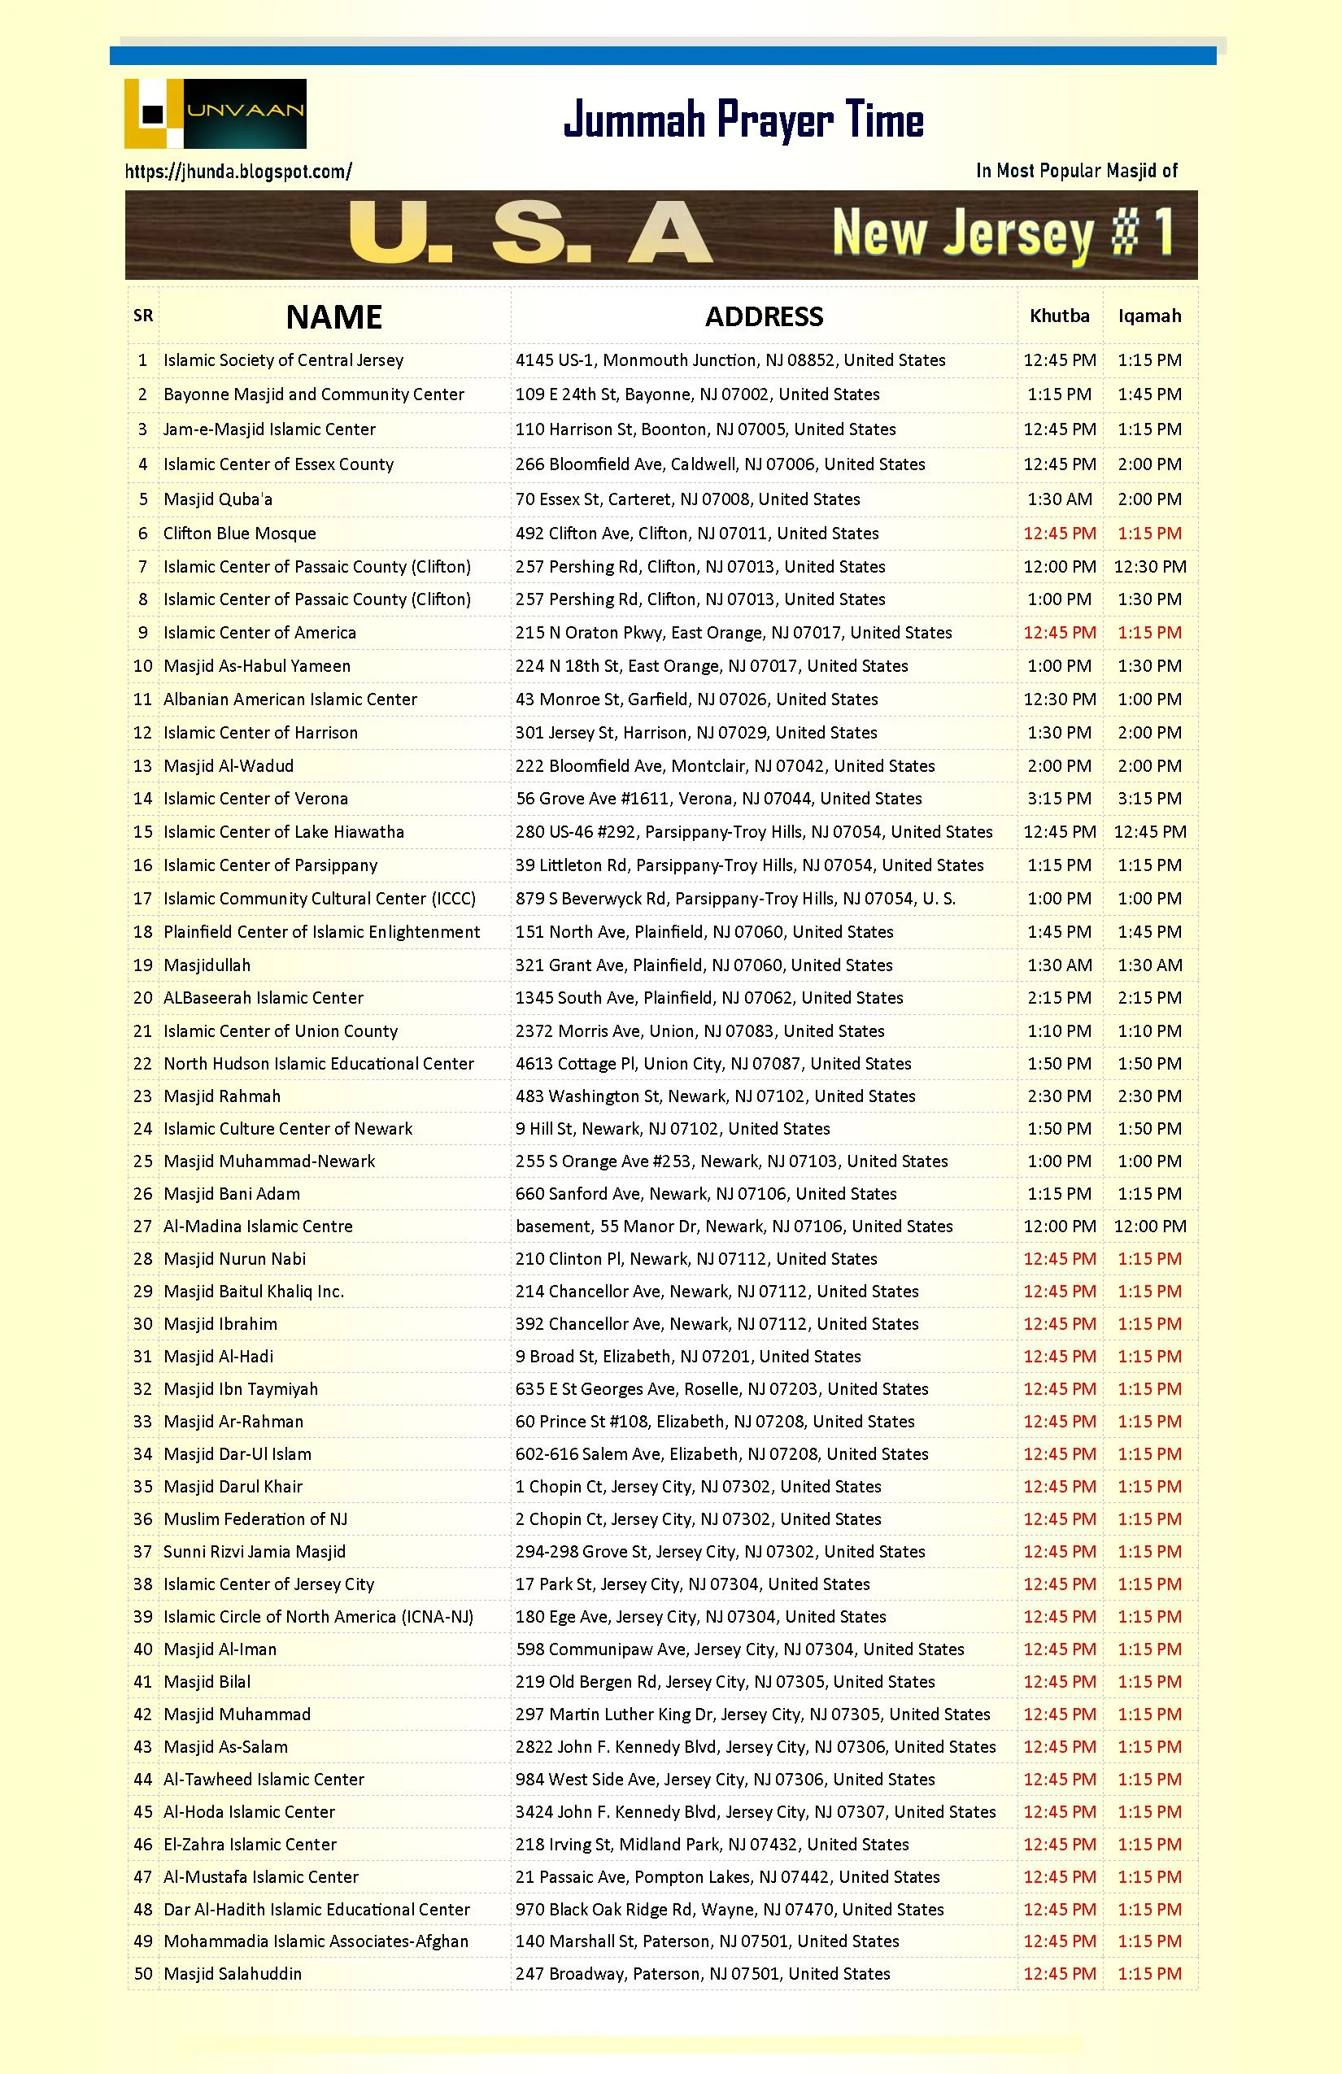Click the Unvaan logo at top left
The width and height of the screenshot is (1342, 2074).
pos(216,113)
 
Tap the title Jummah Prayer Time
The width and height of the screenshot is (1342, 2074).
pos(743,120)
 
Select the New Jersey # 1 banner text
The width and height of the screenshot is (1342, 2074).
pos(1002,234)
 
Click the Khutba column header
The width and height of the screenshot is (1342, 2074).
pos(1059,316)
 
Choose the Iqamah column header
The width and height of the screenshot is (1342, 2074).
pos(1149,316)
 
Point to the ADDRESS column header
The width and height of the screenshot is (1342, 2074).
pos(764,316)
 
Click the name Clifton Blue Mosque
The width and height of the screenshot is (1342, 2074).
pos(240,534)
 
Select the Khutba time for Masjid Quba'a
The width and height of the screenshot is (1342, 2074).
pos(1059,499)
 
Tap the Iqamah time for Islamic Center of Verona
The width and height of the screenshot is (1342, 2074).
pos(1149,798)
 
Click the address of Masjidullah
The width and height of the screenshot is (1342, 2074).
pos(704,965)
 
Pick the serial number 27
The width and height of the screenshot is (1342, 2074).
pos(143,1227)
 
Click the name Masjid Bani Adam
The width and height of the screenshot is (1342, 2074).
pos(232,1194)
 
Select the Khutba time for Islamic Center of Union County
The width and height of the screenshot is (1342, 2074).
pos(1059,1031)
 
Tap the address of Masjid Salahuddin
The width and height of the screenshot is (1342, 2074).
pos(703,1973)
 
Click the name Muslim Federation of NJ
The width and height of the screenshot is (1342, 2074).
pos(255,1519)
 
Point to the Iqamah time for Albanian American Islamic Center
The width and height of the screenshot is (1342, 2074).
pos(1149,699)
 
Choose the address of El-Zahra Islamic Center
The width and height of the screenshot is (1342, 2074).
pos(712,1844)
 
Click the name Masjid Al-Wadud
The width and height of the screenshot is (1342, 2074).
pos(229,766)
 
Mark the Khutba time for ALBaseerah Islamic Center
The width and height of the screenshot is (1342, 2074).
pos(1059,998)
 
